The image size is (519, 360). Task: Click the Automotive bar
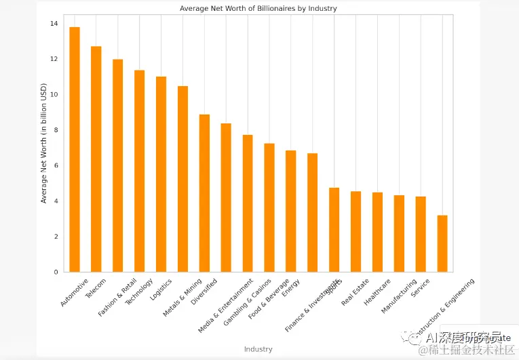(75, 149)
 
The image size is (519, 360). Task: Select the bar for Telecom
(96, 159)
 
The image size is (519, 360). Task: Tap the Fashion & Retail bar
(118, 165)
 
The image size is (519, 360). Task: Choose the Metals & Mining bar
(182, 179)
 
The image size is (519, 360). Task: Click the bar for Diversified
(204, 193)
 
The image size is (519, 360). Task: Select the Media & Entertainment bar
(226, 197)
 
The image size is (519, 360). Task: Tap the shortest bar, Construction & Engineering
(442, 243)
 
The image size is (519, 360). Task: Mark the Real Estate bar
(355, 231)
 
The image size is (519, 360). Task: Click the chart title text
(258, 9)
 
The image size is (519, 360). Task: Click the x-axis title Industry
(258, 349)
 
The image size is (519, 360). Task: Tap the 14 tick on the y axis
(54, 24)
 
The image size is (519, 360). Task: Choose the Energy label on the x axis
(290, 288)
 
